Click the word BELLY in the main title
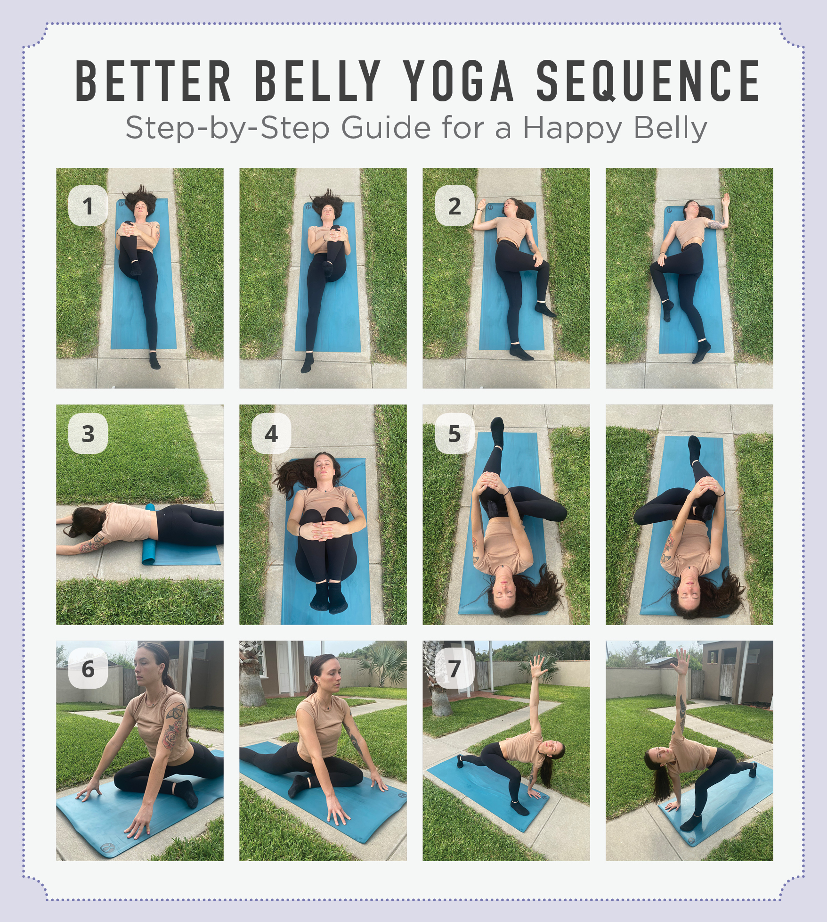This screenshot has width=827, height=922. [317, 81]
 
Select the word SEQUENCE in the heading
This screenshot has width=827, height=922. [648, 81]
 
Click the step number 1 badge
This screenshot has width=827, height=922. [88, 206]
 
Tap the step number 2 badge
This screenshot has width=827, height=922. [454, 206]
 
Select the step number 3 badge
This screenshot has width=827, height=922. [88, 434]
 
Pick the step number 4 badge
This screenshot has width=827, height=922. [271, 434]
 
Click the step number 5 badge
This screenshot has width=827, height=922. [454, 434]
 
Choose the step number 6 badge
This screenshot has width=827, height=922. [88, 668]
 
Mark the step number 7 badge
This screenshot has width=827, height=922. [454, 668]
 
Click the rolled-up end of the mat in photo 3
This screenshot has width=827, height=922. [150, 534]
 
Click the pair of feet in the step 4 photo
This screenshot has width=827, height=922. [329, 597]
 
